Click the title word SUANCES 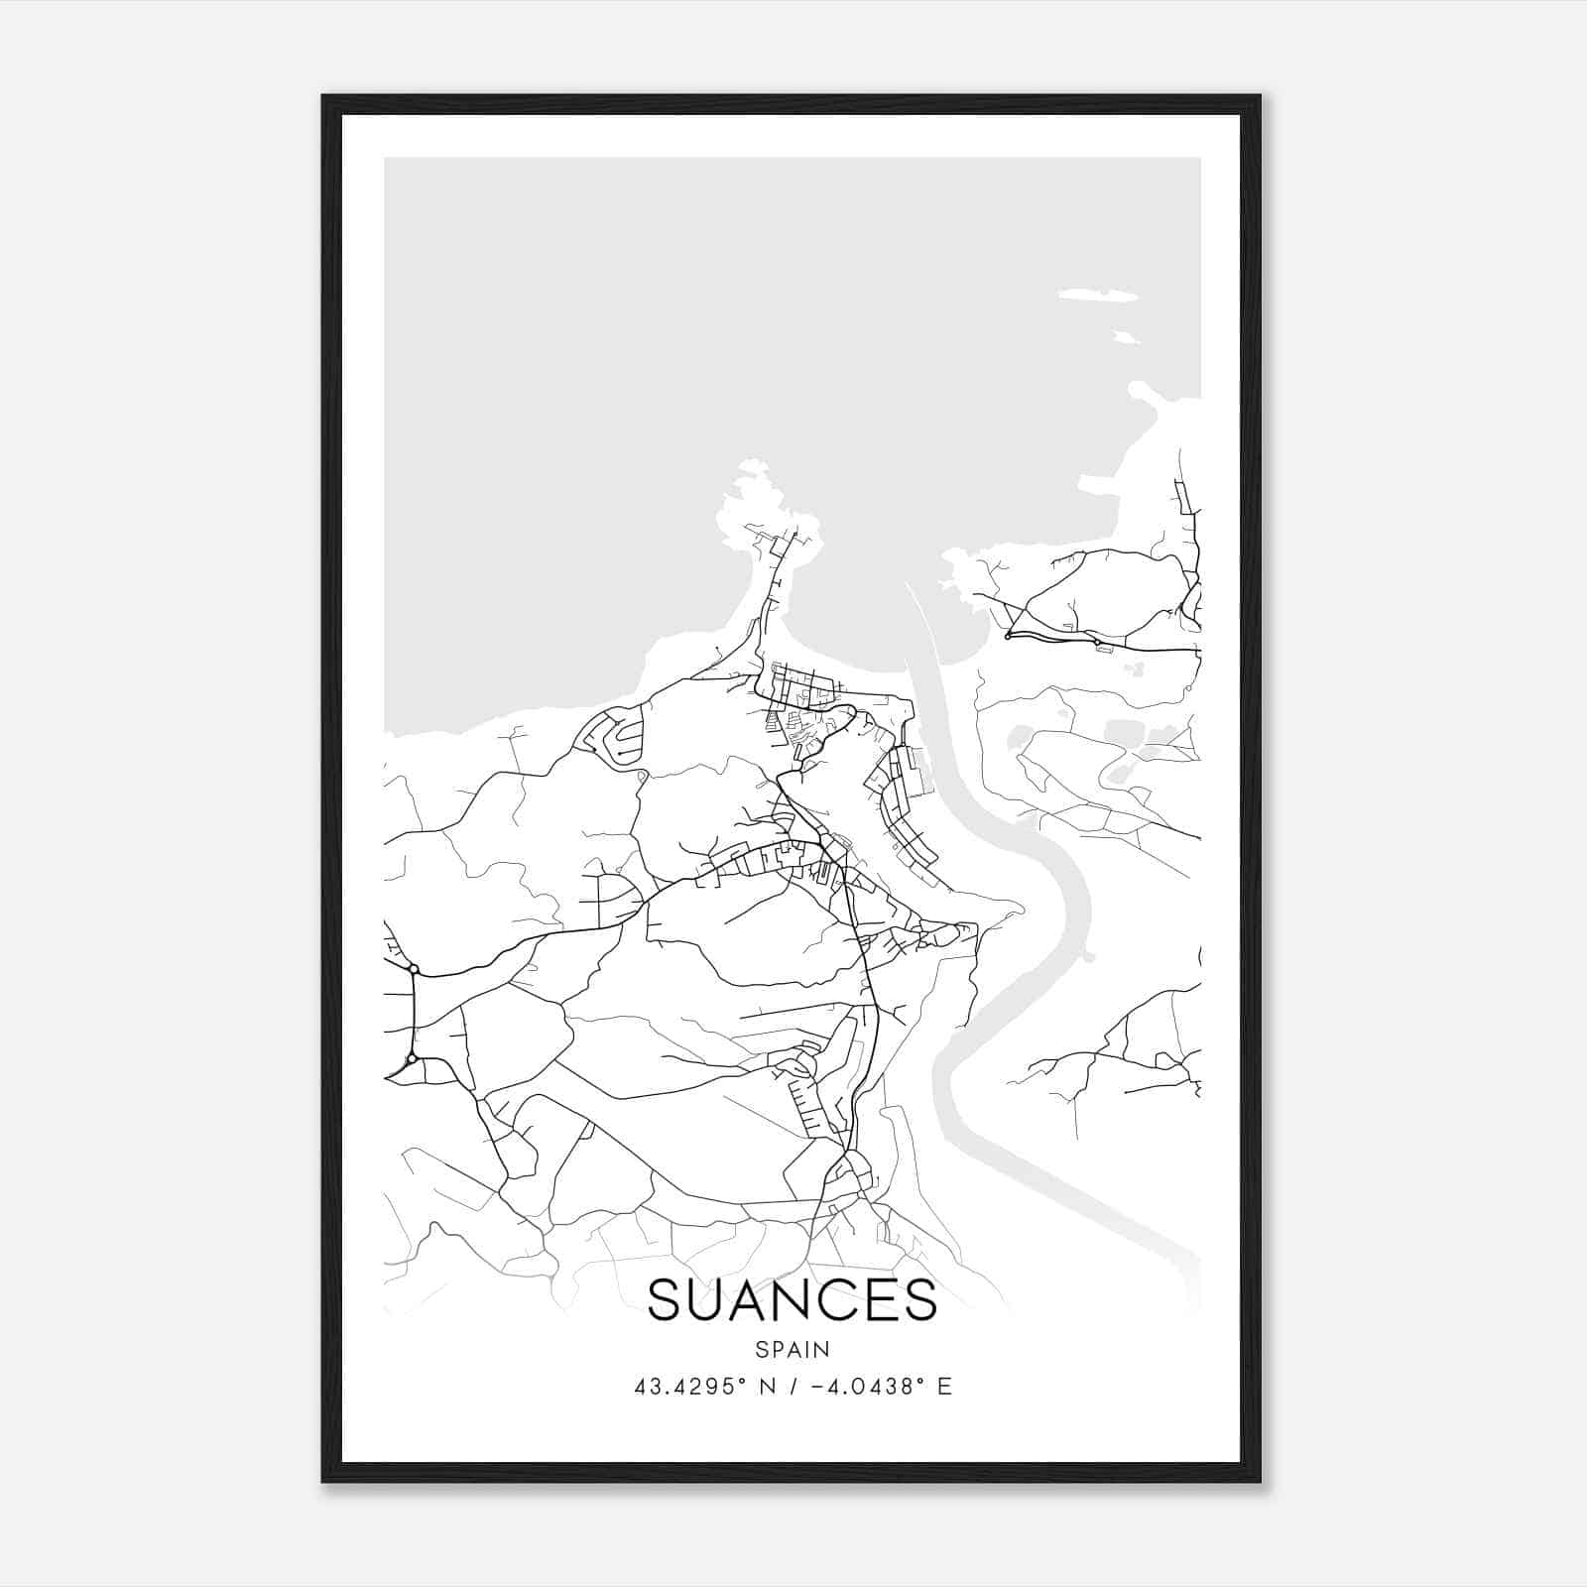[x=792, y=1300]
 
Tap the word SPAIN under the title [x=792, y=1349]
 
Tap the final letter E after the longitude [x=944, y=1387]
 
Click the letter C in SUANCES [x=834, y=1300]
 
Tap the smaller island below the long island [x=1126, y=337]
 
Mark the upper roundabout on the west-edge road [x=413, y=968]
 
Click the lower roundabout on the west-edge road [x=412, y=1059]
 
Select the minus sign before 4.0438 [x=816, y=1387]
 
